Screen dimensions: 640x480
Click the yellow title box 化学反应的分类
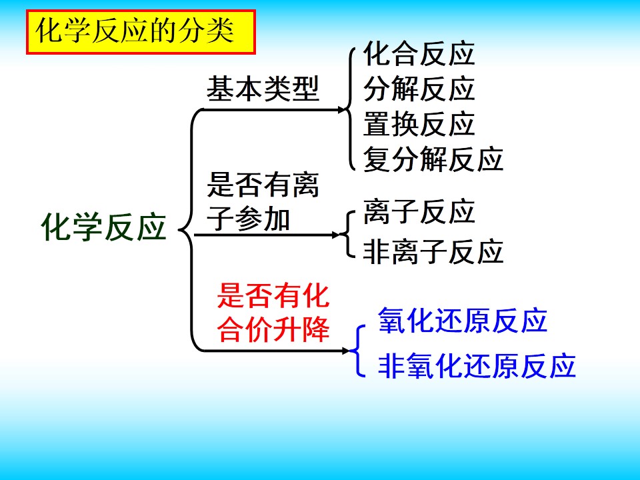click(x=141, y=32)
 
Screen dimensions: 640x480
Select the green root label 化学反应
click(x=104, y=227)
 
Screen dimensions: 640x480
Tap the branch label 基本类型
click(x=263, y=89)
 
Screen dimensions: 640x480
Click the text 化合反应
click(x=419, y=53)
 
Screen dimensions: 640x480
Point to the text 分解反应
click(x=419, y=89)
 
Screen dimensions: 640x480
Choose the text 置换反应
click(x=419, y=124)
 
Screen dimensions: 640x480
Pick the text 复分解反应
click(x=433, y=159)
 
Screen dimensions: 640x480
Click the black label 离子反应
click(x=419, y=212)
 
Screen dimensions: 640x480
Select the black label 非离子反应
click(x=433, y=251)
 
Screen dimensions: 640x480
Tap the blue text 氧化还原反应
click(x=463, y=321)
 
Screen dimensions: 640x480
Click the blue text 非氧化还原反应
click(x=477, y=365)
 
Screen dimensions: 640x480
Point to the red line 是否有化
click(x=273, y=295)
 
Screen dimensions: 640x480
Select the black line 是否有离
click(x=263, y=185)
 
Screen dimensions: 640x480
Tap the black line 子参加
click(x=248, y=219)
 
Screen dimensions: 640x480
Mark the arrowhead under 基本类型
click(x=341, y=109)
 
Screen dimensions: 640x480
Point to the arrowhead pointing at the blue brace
click(x=346, y=351)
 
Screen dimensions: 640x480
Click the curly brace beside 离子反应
click(x=347, y=235)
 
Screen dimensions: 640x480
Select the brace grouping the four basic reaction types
click(x=351, y=109)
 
